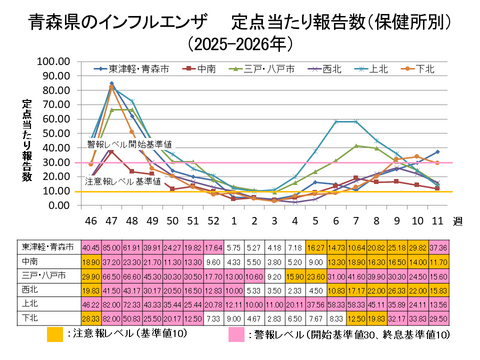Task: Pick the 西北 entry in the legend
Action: pos(331,69)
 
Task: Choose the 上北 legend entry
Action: pos(379,69)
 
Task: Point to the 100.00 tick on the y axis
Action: pos(51,61)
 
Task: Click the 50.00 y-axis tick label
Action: pos(53,133)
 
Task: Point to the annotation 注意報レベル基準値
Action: pos(122,181)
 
